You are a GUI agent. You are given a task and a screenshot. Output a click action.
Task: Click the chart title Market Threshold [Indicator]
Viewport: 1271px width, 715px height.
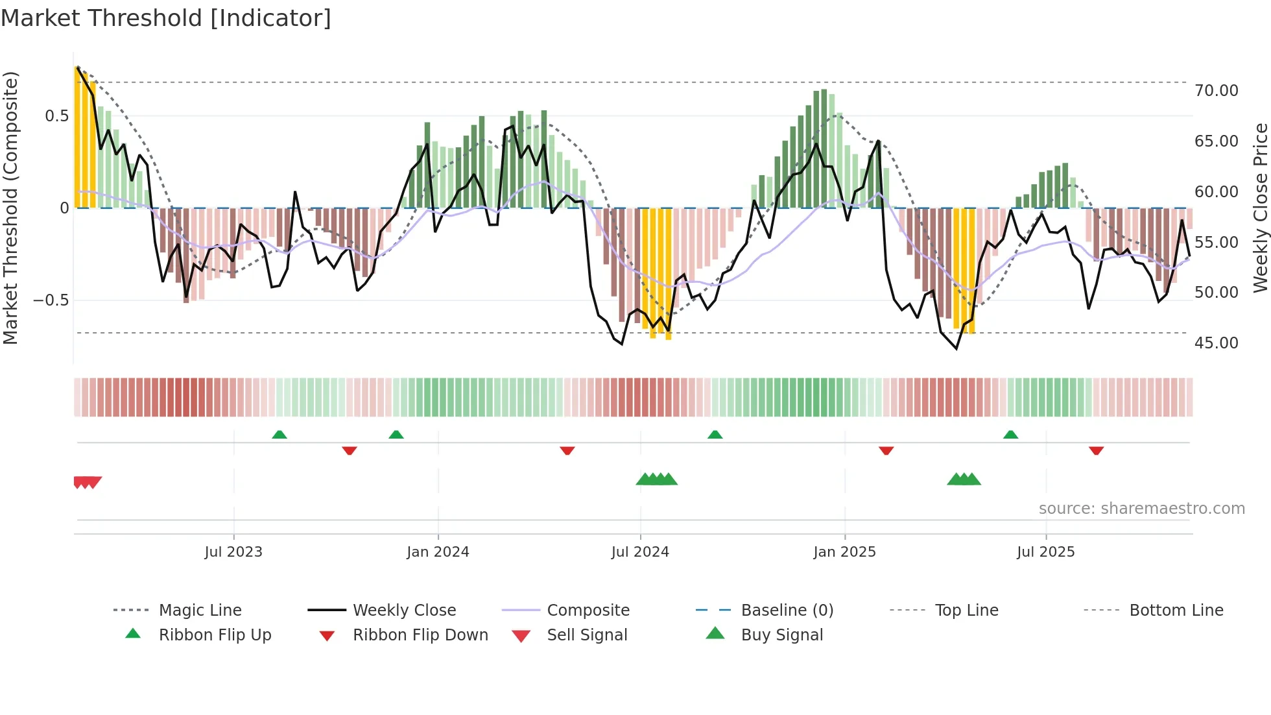[x=166, y=18]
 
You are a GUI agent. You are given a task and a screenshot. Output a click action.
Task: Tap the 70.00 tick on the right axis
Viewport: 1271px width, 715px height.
[x=1216, y=91]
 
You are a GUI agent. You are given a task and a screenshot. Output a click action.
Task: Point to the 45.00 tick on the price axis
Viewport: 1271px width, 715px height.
[x=1216, y=343]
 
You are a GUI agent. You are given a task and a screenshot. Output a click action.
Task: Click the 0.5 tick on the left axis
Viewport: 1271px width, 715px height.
[x=56, y=116]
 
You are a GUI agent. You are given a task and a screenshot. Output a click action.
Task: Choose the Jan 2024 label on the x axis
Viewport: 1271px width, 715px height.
[x=438, y=552]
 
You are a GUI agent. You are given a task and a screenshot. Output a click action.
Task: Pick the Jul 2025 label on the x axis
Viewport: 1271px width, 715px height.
[x=1045, y=552]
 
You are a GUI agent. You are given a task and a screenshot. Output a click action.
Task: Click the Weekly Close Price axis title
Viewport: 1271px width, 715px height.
[x=1260, y=208]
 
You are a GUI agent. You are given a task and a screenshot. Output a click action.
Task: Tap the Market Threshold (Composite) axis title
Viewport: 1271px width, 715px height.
[x=10, y=208]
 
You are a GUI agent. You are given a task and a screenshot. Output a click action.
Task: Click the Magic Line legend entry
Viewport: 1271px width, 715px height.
[x=200, y=611]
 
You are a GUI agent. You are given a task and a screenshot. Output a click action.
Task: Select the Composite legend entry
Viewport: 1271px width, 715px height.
[x=588, y=611]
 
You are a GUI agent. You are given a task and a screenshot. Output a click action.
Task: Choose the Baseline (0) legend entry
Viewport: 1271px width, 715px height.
[x=787, y=611]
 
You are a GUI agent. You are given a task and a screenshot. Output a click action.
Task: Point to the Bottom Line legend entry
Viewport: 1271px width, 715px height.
[x=1176, y=611]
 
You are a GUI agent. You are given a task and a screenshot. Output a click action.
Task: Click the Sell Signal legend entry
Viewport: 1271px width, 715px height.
[x=586, y=635]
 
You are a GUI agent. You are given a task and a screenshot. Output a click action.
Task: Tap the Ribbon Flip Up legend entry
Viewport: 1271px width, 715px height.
[x=215, y=635]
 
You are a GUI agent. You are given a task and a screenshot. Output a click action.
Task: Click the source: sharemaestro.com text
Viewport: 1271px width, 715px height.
[x=1141, y=509]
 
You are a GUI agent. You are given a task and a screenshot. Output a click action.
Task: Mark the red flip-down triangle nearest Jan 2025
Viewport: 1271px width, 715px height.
[x=886, y=450]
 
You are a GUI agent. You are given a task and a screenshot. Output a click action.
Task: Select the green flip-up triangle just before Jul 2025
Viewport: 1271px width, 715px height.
[x=1010, y=435]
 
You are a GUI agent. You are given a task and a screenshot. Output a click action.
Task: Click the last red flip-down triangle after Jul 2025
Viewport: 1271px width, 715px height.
[x=1096, y=450]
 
